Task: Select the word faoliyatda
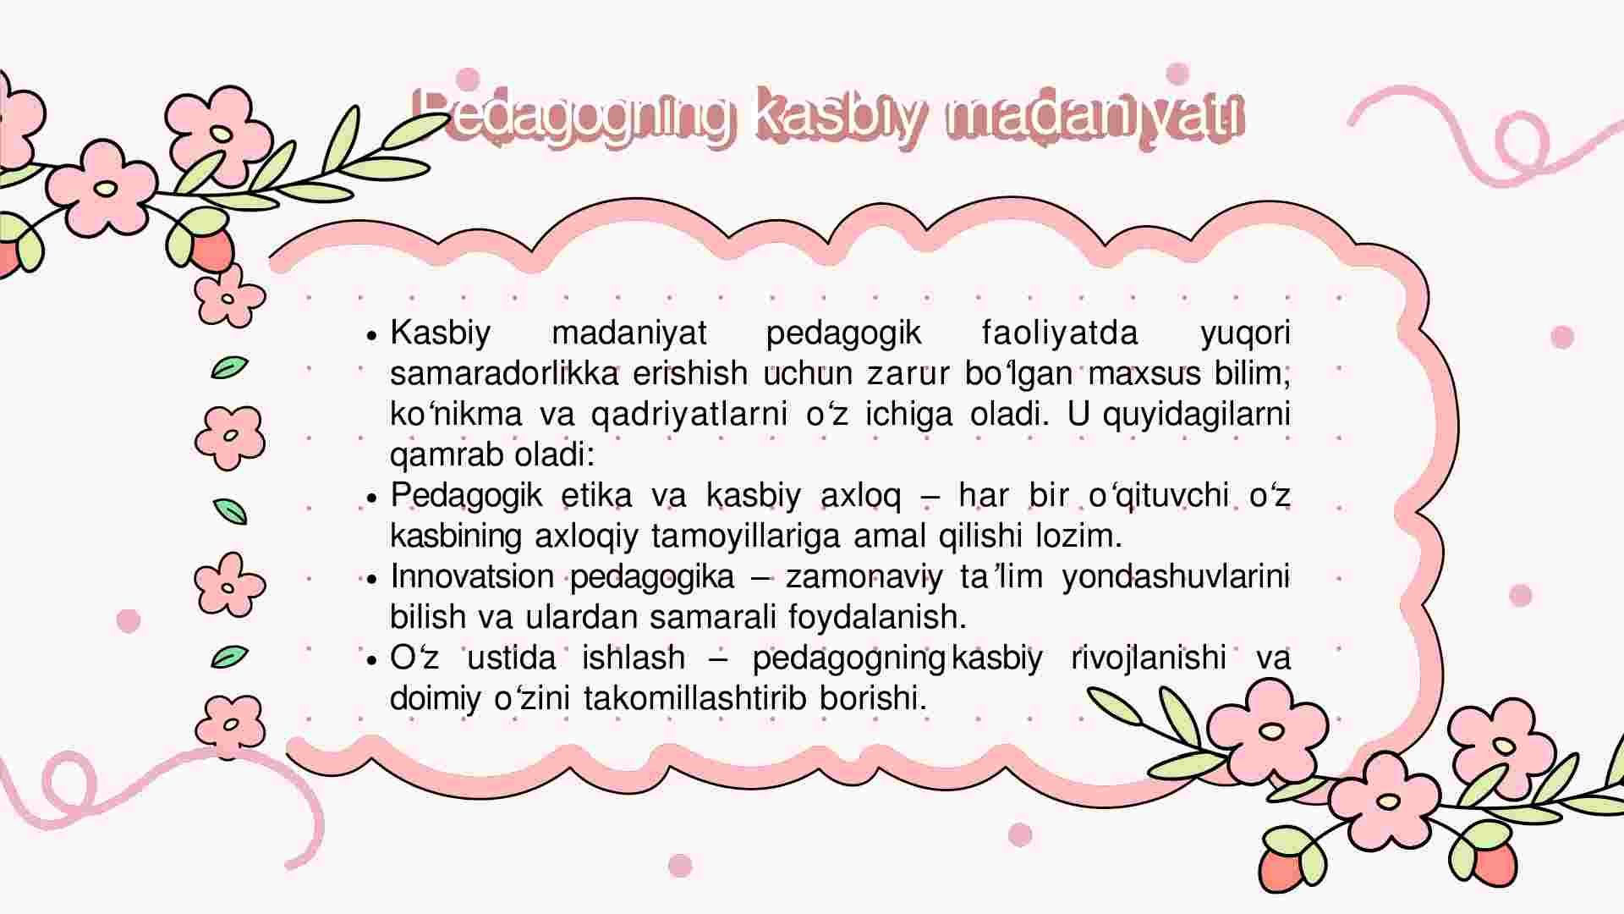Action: (1061, 333)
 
